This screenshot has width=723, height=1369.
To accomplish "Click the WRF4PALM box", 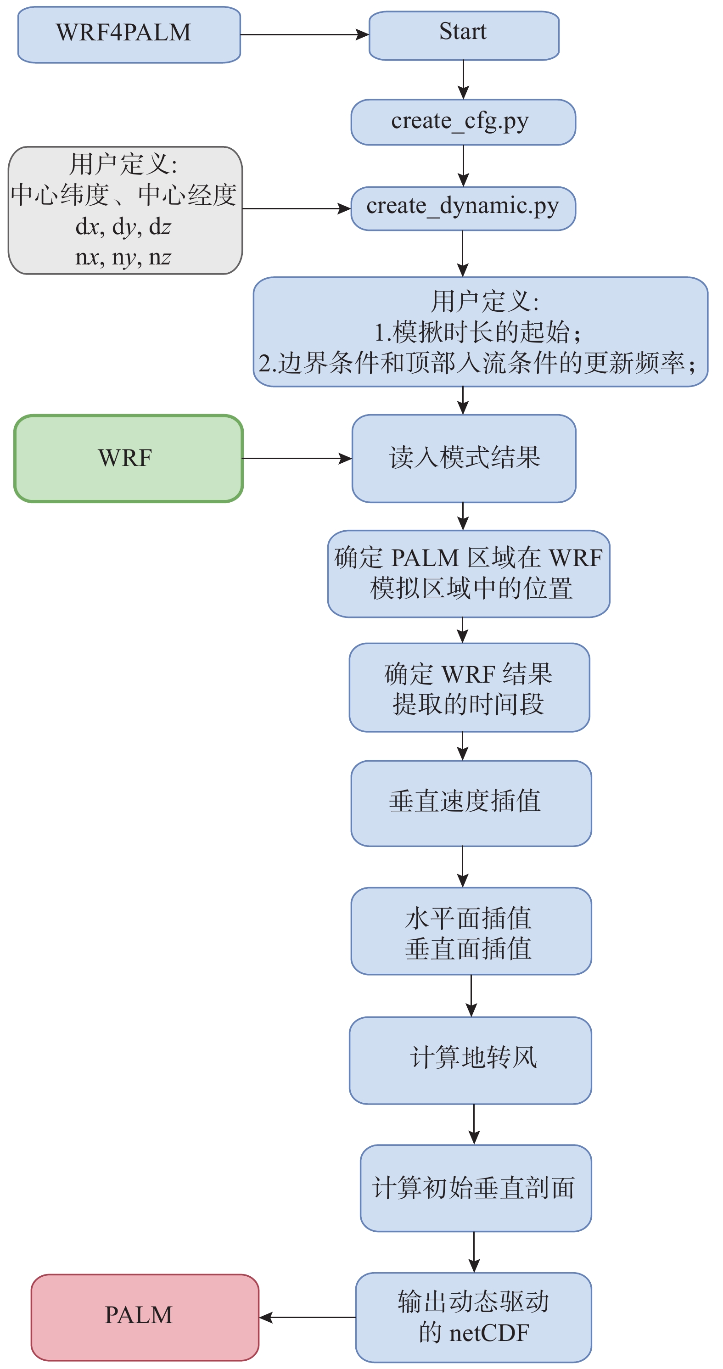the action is coord(129,34).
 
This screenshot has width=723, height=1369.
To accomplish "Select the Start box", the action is coord(464,36).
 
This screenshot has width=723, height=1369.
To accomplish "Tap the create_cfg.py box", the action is coord(463,122).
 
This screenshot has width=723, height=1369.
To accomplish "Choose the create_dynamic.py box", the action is coord(463,208).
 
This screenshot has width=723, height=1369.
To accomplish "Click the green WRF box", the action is coord(129,459).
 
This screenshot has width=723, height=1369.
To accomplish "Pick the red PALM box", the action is coord(145,1317).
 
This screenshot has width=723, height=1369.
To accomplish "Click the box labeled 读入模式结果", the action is coord(464,459).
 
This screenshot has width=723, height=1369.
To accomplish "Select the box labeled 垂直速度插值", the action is coord(471,803).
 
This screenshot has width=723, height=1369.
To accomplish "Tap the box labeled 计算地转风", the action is coord(470,1060).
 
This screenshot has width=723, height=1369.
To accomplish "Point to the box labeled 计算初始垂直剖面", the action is coord(476,1188).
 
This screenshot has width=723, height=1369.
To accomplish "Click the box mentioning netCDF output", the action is coord(473,1317).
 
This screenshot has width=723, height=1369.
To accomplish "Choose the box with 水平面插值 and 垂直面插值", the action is coord(471,931).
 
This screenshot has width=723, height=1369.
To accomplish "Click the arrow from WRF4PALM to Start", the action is coord(305,35).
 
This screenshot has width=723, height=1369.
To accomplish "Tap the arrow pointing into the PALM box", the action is coord(308,1318).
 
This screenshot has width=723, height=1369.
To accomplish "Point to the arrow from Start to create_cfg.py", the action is coord(463,80).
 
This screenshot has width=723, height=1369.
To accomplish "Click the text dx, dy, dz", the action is coord(123,227).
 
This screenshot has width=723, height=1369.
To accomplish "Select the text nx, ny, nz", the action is coord(123,258).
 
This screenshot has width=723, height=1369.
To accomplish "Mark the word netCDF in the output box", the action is coord(489,1333).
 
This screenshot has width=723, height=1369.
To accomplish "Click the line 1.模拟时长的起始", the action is coord(478,332).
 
